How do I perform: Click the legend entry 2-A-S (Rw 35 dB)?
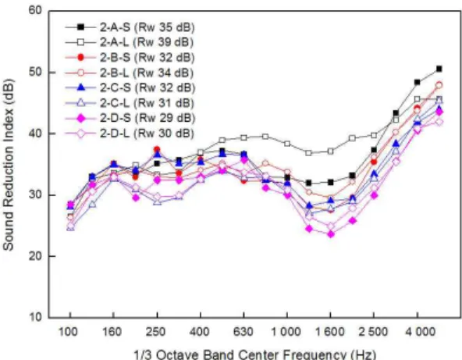coord(130,27)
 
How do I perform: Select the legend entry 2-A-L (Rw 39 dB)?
coord(130,42)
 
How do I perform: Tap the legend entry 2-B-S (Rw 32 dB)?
coord(130,58)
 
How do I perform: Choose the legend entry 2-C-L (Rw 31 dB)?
coord(130,103)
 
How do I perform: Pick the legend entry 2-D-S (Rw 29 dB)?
coord(130,119)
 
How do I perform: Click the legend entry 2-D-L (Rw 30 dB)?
coord(130,134)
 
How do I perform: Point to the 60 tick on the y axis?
coord(35,11)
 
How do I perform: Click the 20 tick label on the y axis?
coord(35,256)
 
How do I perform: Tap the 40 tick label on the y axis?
coord(35,134)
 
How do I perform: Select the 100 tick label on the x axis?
coord(69,333)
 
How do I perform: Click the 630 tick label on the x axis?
coord(243,333)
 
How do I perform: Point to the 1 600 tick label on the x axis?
coord(329,333)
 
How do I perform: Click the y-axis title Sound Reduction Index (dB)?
coord(9,165)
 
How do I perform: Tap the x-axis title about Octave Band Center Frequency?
coord(254,355)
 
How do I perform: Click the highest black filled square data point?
coord(439,69)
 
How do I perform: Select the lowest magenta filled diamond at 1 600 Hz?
coord(331,234)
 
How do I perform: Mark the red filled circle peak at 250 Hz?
coord(157,149)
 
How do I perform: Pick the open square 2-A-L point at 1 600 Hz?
coord(331,151)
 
